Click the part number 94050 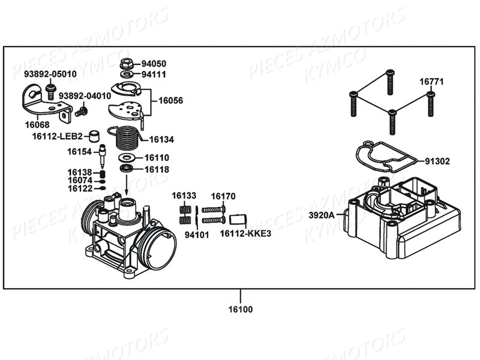(154, 64)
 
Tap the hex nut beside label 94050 (126, 64)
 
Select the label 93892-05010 (50, 74)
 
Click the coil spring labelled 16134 (125, 138)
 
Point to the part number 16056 (170, 100)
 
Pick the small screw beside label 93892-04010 (81, 111)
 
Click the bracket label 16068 (37, 125)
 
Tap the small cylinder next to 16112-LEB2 (94, 136)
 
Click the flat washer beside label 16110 (127, 158)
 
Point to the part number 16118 (157, 169)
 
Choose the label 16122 (80, 188)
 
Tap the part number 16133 (184, 196)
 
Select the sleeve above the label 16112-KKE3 (238, 219)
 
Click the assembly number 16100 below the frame (241, 309)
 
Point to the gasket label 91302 (437, 161)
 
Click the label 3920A (322, 215)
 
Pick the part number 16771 (431, 82)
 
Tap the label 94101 (197, 235)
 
